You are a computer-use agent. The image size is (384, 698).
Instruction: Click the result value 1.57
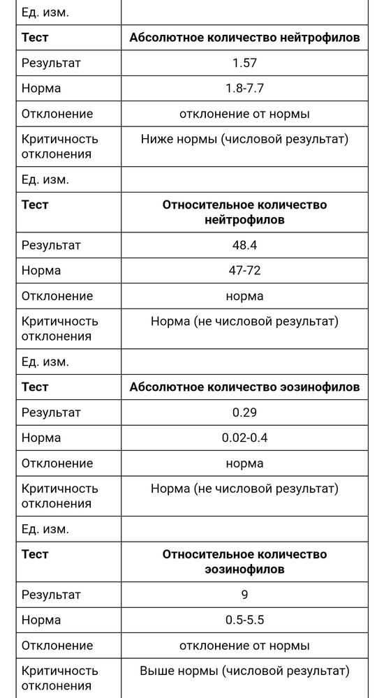click(x=244, y=64)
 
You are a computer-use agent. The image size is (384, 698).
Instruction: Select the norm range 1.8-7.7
click(x=244, y=89)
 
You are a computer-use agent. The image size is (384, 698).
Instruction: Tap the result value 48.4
click(x=244, y=245)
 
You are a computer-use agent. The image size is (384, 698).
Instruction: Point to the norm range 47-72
click(x=244, y=270)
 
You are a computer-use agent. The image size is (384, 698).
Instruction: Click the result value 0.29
click(x=244, y=413)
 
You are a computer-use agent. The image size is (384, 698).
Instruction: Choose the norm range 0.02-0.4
click(x=244, y=438)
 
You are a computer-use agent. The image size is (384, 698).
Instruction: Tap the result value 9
click(x=244, y=595)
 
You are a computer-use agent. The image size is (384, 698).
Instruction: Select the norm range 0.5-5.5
click(x=244, y=620)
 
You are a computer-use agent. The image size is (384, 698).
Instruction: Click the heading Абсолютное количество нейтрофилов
click(x=244, y=38)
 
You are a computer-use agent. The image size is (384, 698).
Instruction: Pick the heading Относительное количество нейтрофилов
click(x=244, y=212)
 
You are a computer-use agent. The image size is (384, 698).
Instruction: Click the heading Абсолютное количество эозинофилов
click(x=244, y=387)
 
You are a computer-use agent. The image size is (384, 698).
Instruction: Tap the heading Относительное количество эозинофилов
click(x=244, y=561)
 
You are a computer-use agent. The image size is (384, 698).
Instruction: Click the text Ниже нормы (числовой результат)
click(x=244, y=139)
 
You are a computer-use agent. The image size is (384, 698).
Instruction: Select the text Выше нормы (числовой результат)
click(x=244, y=671)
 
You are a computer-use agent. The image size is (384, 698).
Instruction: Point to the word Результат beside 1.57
click(x=51, y=64)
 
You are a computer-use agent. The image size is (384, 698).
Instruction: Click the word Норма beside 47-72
click(x=41, y=270)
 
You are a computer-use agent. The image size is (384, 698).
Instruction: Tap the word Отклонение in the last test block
click(x=57, y=646)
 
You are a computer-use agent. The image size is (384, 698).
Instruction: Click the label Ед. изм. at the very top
click(x=45, y=12)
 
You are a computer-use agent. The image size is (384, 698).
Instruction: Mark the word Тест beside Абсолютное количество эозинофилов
click(x=35, y=387)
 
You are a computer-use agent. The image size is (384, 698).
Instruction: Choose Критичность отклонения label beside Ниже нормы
click(x=60, y=146)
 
